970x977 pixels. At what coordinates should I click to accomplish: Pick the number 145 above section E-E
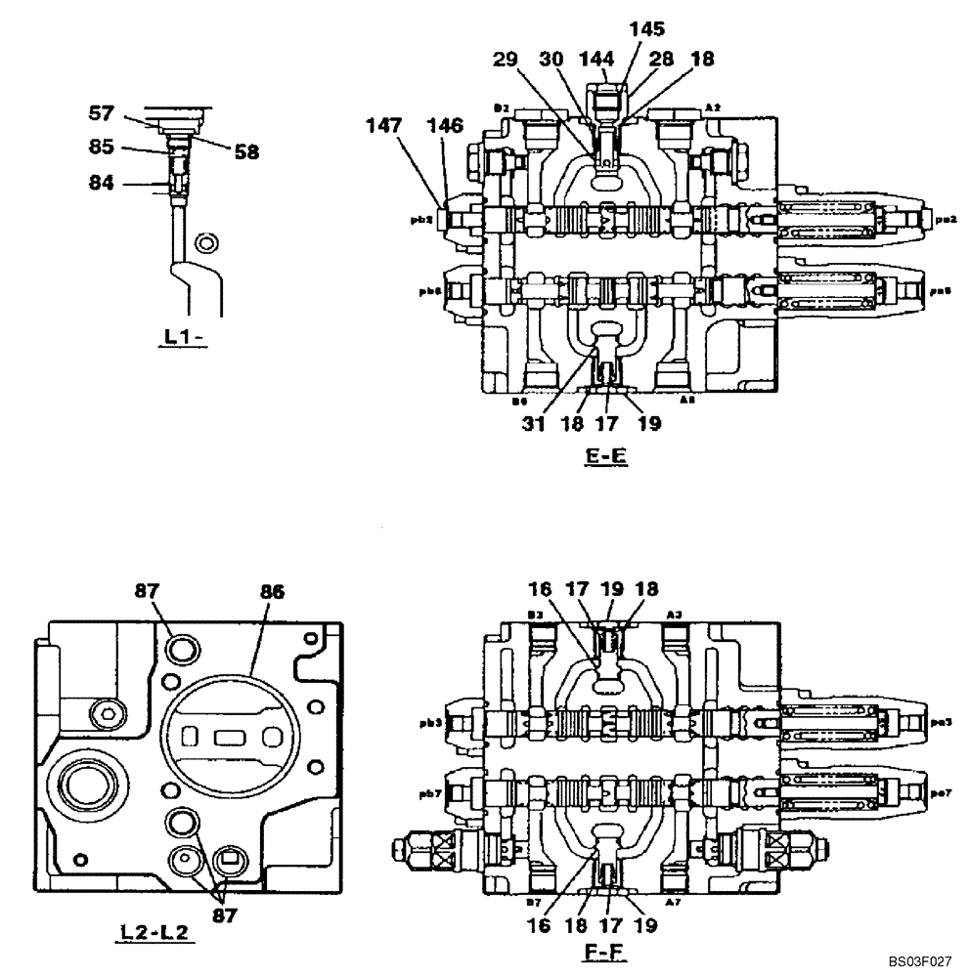(647, 31)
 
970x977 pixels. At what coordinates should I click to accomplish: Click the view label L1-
(184, 337)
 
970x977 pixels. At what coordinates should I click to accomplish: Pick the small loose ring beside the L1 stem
(205, 242)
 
